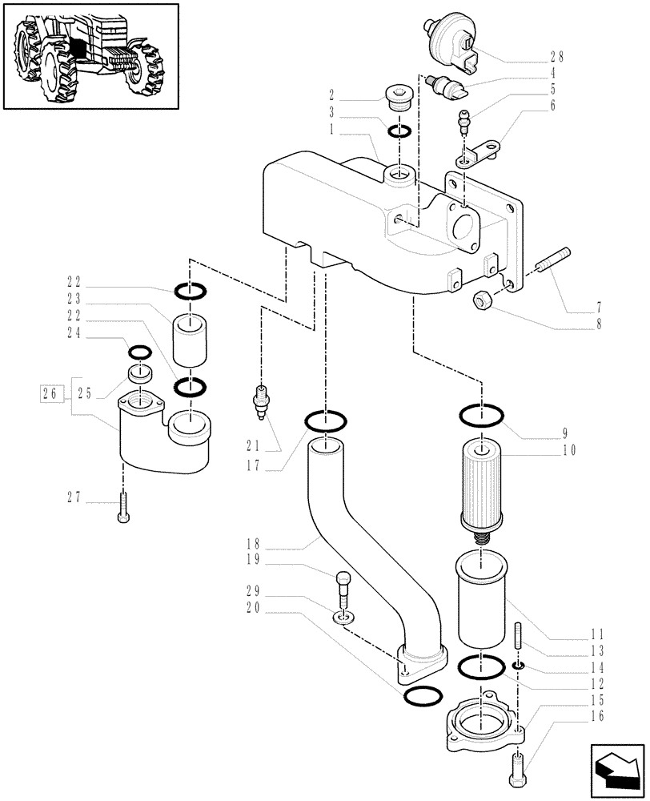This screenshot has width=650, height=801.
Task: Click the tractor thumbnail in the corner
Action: coord(89,55)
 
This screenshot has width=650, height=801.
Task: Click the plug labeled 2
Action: coord(398,98)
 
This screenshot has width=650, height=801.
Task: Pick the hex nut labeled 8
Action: coord(483,299)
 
